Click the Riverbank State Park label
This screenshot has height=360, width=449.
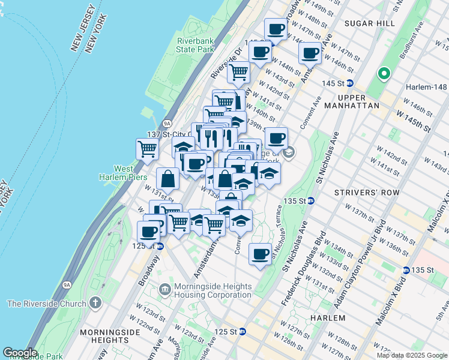point(195,45)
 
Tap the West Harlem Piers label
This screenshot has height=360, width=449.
point(116,173)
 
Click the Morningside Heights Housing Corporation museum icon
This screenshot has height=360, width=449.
point(165,290)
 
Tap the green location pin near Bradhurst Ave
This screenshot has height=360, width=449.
point(384,74)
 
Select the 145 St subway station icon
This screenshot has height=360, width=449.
point(349,83)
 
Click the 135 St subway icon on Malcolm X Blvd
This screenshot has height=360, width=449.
point(406,270)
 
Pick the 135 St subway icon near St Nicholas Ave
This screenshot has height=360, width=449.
point(311,200)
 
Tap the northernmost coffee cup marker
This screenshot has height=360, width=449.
point(276,29)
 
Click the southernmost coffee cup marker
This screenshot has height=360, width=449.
point(259,254)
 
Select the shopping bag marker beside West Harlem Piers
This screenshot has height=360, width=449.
point(167,179)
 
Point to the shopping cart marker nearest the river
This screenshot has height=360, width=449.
point(147,148)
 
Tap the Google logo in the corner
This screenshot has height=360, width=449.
point(20,353)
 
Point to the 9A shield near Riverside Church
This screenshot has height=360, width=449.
point(66,285)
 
